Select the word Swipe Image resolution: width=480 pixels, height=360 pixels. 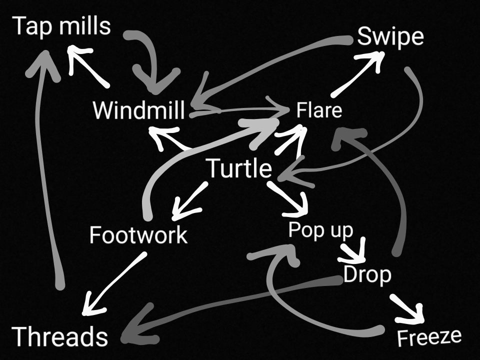[x=390, y=37]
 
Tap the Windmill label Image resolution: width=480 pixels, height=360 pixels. [x=138, y=110]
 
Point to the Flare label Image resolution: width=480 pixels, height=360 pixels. [x=319, y=110]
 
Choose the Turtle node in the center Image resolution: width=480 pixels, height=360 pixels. [x=239, y=168]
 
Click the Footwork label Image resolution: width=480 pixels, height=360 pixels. [x=138, y=234]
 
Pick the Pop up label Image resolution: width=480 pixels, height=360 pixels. [x=320, y=230]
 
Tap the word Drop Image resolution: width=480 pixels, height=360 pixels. [x=367, y=275]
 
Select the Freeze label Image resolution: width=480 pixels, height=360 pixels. [x=428, y=337]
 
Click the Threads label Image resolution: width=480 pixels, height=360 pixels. [x=59, y=336]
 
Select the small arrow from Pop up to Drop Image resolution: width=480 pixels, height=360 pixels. [x=354, y=251]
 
